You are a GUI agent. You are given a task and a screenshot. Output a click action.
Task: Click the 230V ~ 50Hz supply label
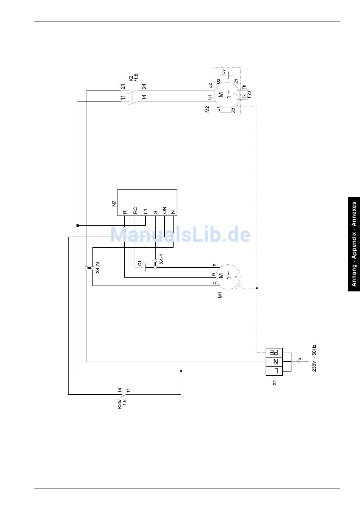pos(314,358)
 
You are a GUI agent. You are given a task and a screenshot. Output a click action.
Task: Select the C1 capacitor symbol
pos(144,267)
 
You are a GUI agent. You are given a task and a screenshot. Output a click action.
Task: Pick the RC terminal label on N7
pos(135,211)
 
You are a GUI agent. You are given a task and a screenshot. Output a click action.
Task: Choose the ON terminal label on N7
pos(164,211)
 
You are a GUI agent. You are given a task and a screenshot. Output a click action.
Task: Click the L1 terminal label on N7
pos(145,211)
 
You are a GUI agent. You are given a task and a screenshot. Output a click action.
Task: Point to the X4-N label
pos(97,268)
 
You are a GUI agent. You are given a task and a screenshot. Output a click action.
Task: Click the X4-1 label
pos(161,259)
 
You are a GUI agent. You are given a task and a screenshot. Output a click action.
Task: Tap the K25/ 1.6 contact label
pos(122,403)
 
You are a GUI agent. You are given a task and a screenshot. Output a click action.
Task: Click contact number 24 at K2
pos(144,87)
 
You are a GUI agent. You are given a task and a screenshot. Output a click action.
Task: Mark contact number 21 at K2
pos(123,87)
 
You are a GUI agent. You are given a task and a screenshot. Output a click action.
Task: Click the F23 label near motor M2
pos(249,95)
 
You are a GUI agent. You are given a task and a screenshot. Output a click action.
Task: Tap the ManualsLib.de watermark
pos(180,235)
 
